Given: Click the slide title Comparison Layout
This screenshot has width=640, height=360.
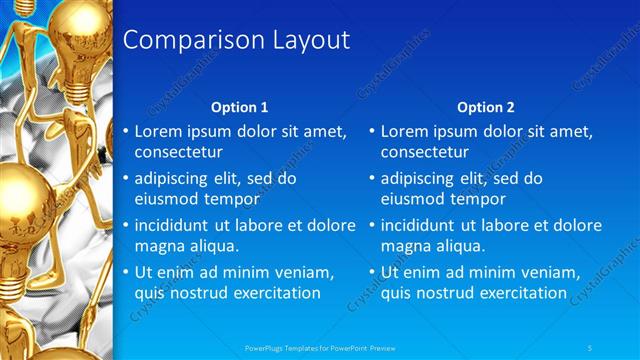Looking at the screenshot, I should (235, 40).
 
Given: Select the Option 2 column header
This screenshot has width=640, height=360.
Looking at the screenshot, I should (485, 107).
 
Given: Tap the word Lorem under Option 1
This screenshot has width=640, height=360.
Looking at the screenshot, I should (159, 132).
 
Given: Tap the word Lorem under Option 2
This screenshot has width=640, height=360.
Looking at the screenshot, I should (405, 132).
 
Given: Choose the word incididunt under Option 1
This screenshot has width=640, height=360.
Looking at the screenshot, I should (176, 225).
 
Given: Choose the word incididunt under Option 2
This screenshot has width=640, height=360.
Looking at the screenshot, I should (422, 225).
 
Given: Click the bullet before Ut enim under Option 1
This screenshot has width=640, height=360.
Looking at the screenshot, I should (125, 272).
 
